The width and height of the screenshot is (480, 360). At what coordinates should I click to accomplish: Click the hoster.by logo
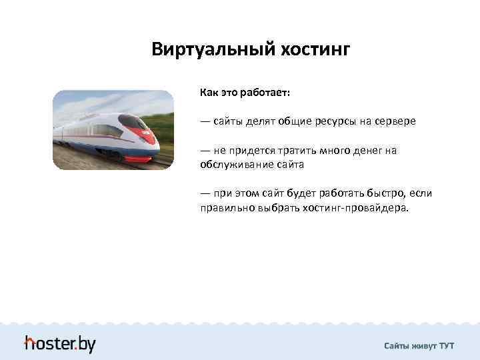point(60,343)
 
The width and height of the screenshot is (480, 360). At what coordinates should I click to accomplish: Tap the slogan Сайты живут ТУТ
point(419,345)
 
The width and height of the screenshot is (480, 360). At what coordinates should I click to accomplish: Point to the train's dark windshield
point(133,122)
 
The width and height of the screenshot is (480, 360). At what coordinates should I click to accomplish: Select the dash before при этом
point(205,193)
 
